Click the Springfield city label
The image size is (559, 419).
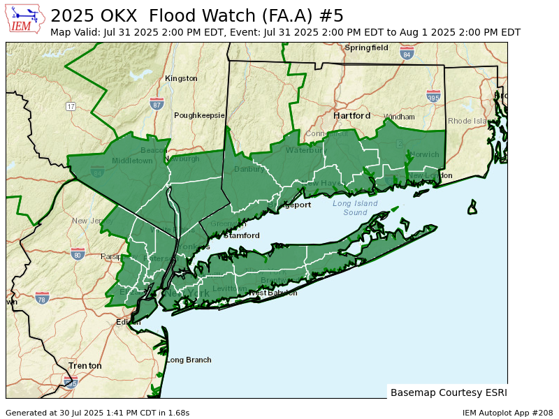(x=366, y=47)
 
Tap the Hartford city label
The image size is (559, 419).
(x=351, y=115)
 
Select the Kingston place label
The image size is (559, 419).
(x=181, y=78)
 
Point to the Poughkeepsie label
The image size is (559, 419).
(x=199, y=115)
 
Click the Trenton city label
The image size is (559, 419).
(x=85, y=365)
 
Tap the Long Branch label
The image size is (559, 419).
(x=189, y=360)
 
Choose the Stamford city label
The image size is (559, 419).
(x=241, y=235)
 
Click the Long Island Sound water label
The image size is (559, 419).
(x=355, y=207)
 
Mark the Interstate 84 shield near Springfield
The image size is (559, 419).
(x=407, y=53)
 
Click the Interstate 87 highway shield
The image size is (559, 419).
(x=157, y=103)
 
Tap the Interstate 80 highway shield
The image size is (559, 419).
(x=78, y=253)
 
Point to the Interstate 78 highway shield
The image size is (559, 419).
(x=42, y=297)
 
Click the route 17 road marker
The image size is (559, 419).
(x=71, y=106)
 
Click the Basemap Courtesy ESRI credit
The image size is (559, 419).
(x=449, y=392)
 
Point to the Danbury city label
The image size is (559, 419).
(x=249, y=169)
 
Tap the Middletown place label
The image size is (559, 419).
(x=132, y=161)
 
